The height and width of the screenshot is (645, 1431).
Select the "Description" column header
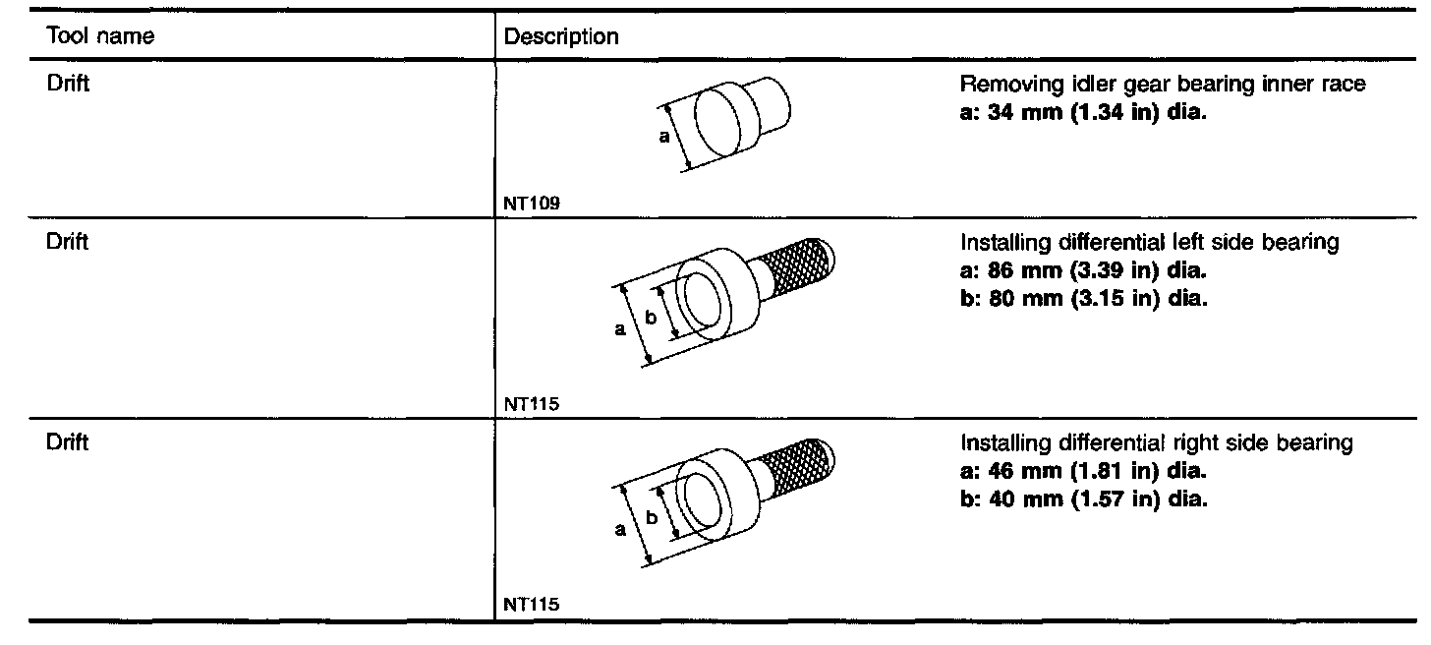pos(560,37)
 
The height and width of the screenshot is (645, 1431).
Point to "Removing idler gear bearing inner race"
pos(1163,85)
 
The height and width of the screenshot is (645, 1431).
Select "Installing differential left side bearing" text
pos(1149,243)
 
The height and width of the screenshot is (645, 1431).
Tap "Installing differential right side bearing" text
pos(1156,443)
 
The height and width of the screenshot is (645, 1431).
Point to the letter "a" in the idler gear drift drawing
pos(663,137)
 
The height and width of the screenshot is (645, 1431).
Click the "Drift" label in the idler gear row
pos(68,84)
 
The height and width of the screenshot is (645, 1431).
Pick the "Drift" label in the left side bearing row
pos(68,242)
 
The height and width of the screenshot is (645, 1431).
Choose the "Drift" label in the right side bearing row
pos(68,442)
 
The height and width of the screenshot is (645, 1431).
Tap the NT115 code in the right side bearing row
pos(531,605)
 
